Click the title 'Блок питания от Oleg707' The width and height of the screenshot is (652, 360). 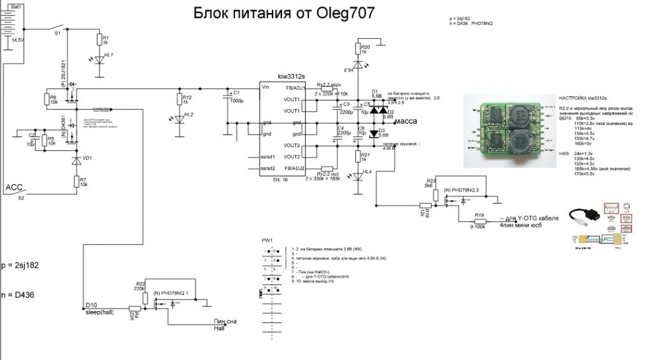pyautogui.click(x=283, y=13)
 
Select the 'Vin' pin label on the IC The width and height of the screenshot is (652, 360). pyautogui.click(x=266, y=87)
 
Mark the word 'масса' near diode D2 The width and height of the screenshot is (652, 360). pyautogui.click(x=406, y=120)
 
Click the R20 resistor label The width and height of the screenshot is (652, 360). pyautogui.click(x=365, y=47)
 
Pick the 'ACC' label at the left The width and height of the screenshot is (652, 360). pyautogui.click(x=15, y=187)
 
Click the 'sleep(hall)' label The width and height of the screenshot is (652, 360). pyautogui.click(x=99, y=312)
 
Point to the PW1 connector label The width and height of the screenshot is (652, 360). pyautogui.click(x=267, y=240)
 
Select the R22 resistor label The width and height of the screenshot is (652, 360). pyautogui.click(x=141, y=283)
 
